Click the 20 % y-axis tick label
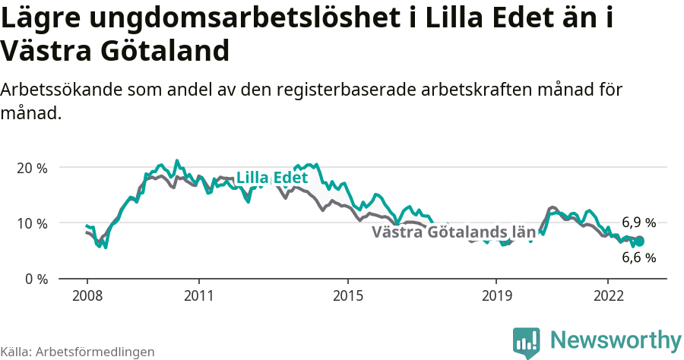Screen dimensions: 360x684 click(x=32, y=168)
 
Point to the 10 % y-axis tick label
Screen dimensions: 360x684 click(x=32, y=223)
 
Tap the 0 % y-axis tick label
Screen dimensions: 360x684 click(x=36, y=279)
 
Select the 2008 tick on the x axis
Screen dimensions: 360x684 click(x=87, y=295)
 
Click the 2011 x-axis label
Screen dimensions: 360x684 click(x=198, y=295)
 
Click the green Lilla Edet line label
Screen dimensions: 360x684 click(x=271, y=178)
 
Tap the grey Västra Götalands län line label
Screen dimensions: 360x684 click(x=454, y=232)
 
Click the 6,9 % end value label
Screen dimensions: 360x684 click(x=638, y=223)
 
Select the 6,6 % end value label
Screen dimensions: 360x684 click(x=638, y=257)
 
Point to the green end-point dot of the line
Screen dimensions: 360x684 click(x=639, y=241)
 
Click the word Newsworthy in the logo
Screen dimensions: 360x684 click(x=616, y=339)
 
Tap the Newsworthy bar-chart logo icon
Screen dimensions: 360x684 click(x=527, y=342)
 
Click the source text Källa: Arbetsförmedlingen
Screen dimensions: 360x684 click(x=78, y=352)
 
